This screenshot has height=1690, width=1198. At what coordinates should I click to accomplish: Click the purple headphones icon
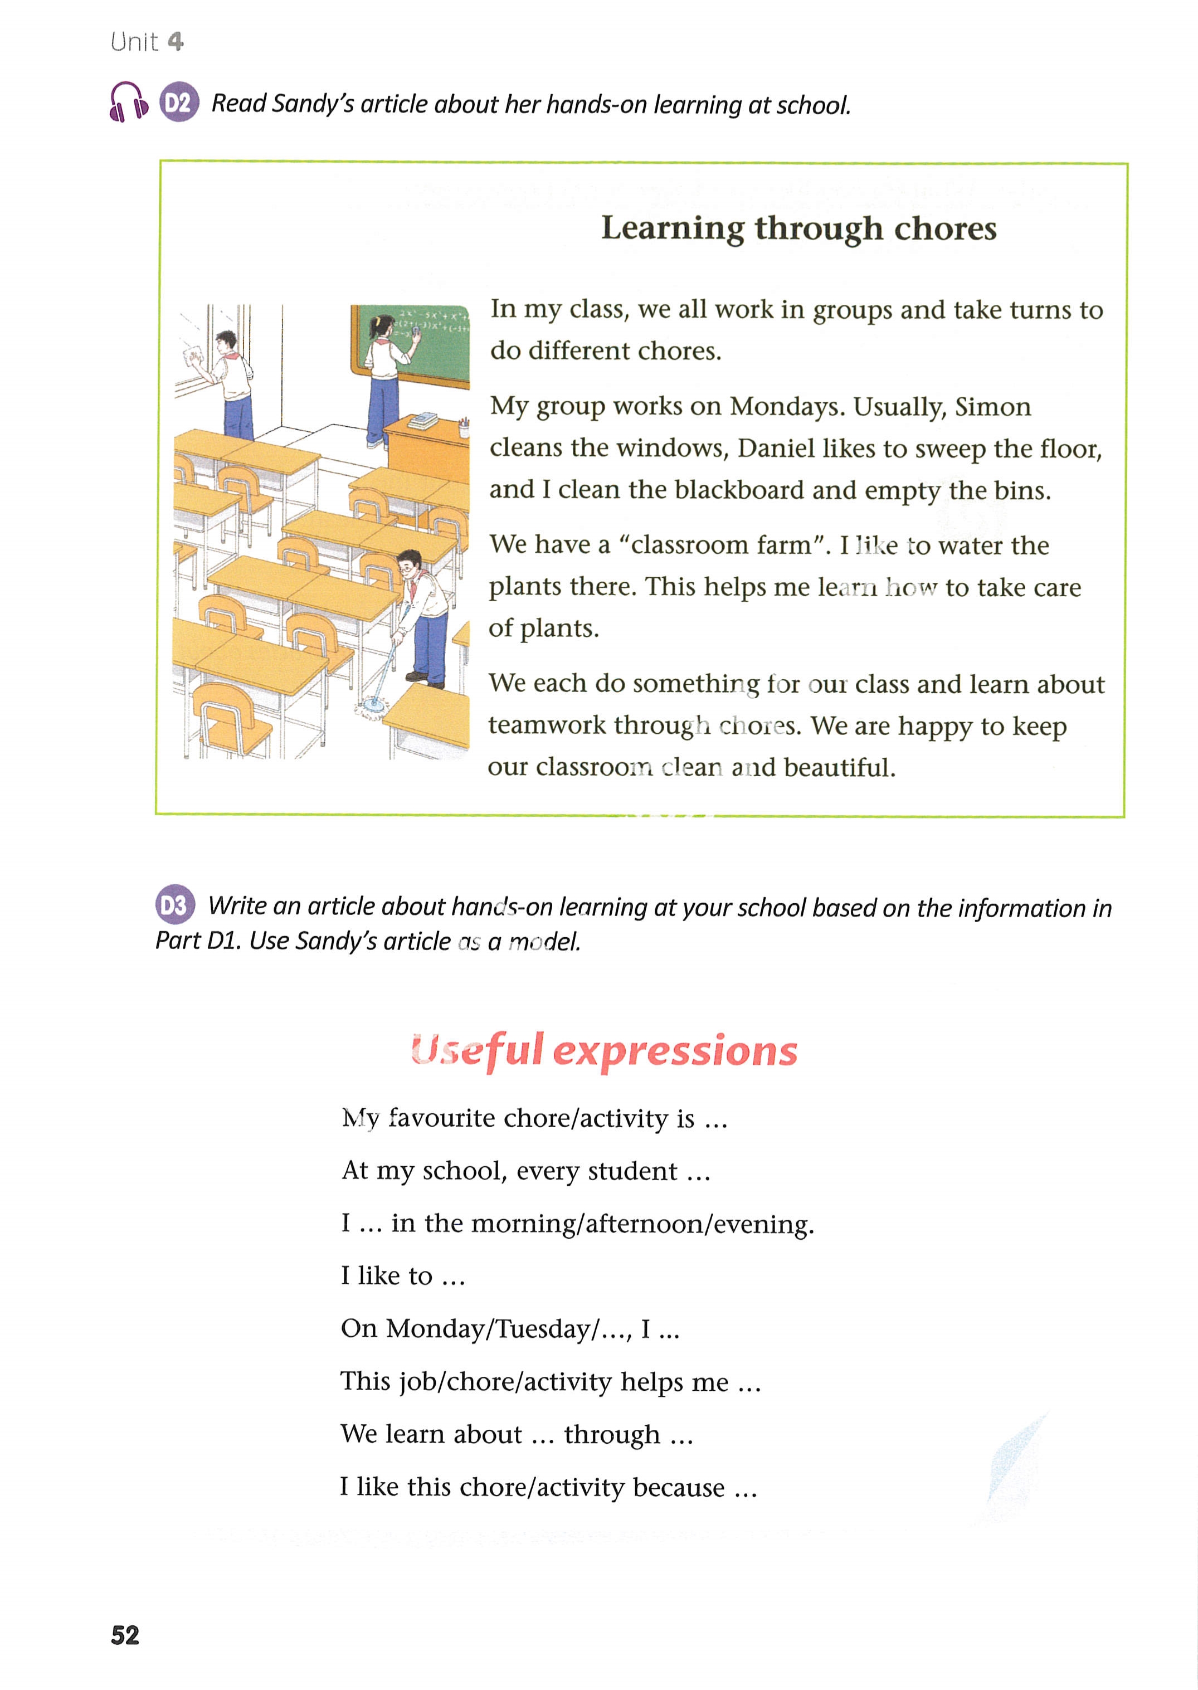click(128, 102)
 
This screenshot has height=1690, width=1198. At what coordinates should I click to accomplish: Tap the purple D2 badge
click(178, 102)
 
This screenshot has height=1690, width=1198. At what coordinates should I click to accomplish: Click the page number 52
click(125, 1635)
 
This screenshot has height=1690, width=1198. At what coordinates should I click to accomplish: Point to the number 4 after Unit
click(175, 41)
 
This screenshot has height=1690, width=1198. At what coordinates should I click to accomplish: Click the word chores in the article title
click(945, 228)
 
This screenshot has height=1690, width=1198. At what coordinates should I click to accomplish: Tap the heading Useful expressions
click(604, 1050)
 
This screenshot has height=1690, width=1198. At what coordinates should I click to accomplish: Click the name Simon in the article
click(993, 406)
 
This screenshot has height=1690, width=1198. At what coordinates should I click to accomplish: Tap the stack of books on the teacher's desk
click(423, 421)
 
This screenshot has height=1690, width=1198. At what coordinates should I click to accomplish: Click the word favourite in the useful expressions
click(441, 1118)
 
